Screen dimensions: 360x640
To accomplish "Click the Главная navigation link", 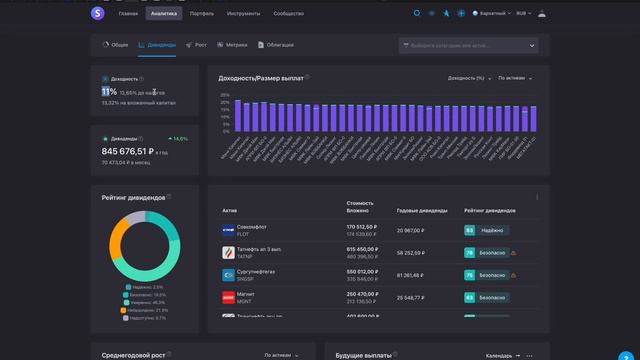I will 128,14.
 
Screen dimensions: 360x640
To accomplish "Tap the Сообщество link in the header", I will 288,14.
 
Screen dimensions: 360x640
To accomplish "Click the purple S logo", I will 96,13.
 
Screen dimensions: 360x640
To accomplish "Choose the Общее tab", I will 117,45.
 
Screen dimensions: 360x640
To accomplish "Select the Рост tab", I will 199,45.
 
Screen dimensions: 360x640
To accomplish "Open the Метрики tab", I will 234,45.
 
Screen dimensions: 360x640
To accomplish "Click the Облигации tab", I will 277,45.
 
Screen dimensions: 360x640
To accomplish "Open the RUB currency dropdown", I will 524,14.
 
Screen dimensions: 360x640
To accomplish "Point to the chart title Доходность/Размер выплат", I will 261,77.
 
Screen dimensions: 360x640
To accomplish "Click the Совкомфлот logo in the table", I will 228,230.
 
